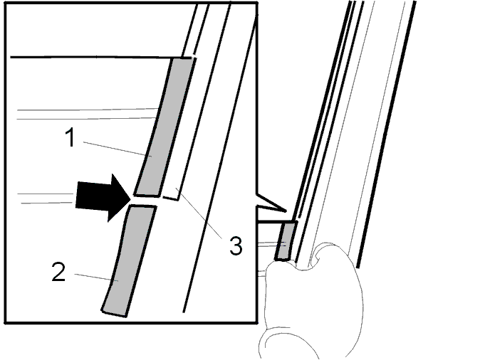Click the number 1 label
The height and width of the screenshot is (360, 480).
71,137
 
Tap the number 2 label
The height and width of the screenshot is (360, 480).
58,272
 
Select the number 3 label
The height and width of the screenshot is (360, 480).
236,245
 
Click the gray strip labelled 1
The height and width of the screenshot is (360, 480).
164,127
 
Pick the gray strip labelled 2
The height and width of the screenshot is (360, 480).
130,260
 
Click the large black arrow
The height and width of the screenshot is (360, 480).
103,198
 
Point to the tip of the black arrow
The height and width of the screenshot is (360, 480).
132,198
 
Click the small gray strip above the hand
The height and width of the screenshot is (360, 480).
286,241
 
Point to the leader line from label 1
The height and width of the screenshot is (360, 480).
118,149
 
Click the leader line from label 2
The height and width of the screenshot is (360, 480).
96,277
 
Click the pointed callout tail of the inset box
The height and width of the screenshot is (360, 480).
271,203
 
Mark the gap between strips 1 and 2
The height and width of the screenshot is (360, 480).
145,201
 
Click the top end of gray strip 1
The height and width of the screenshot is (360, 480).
183,58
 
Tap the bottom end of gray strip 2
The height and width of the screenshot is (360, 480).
114,313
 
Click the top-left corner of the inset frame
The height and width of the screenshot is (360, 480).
5,3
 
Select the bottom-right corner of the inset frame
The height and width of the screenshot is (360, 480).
257,322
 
